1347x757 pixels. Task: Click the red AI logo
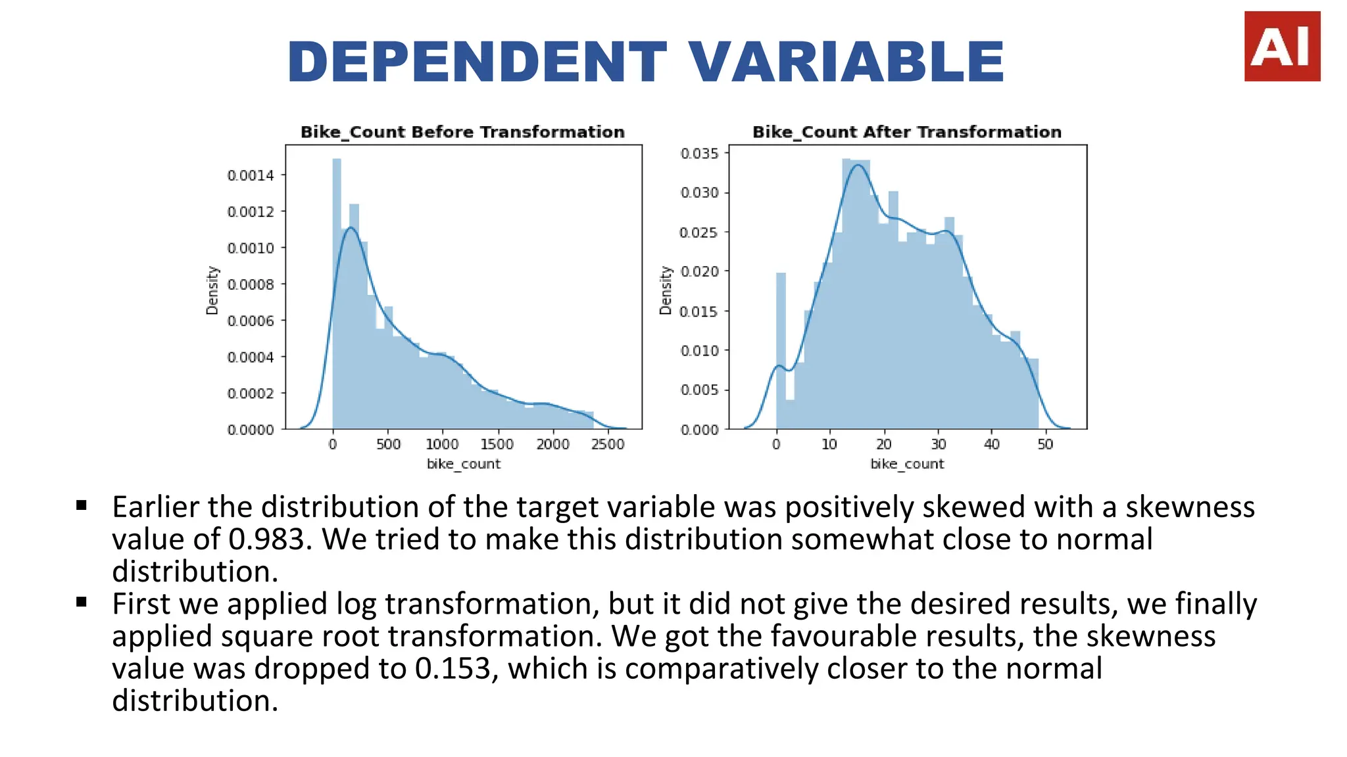1281,46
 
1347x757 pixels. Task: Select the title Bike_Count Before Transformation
462,132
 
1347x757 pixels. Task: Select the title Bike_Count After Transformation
906,132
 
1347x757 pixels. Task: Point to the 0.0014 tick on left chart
251,175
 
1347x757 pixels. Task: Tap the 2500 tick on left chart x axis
607,444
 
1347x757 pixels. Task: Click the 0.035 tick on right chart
700,154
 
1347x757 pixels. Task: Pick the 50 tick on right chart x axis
1045,444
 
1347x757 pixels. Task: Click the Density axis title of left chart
212,290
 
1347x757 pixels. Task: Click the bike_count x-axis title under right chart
906,464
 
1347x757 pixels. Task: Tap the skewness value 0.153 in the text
453,669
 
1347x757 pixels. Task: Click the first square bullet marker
82,505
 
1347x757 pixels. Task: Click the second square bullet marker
82,602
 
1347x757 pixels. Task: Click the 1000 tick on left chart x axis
442,444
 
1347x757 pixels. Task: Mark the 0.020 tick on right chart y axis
700,271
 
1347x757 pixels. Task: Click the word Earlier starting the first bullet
155,507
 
